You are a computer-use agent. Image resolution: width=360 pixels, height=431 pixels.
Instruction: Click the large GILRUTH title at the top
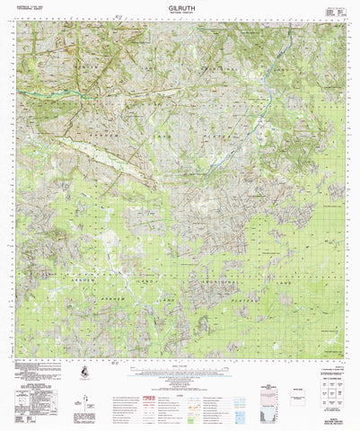point(180,6)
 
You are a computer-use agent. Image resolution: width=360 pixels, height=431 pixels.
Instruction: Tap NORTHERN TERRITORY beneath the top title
point(180,13)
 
